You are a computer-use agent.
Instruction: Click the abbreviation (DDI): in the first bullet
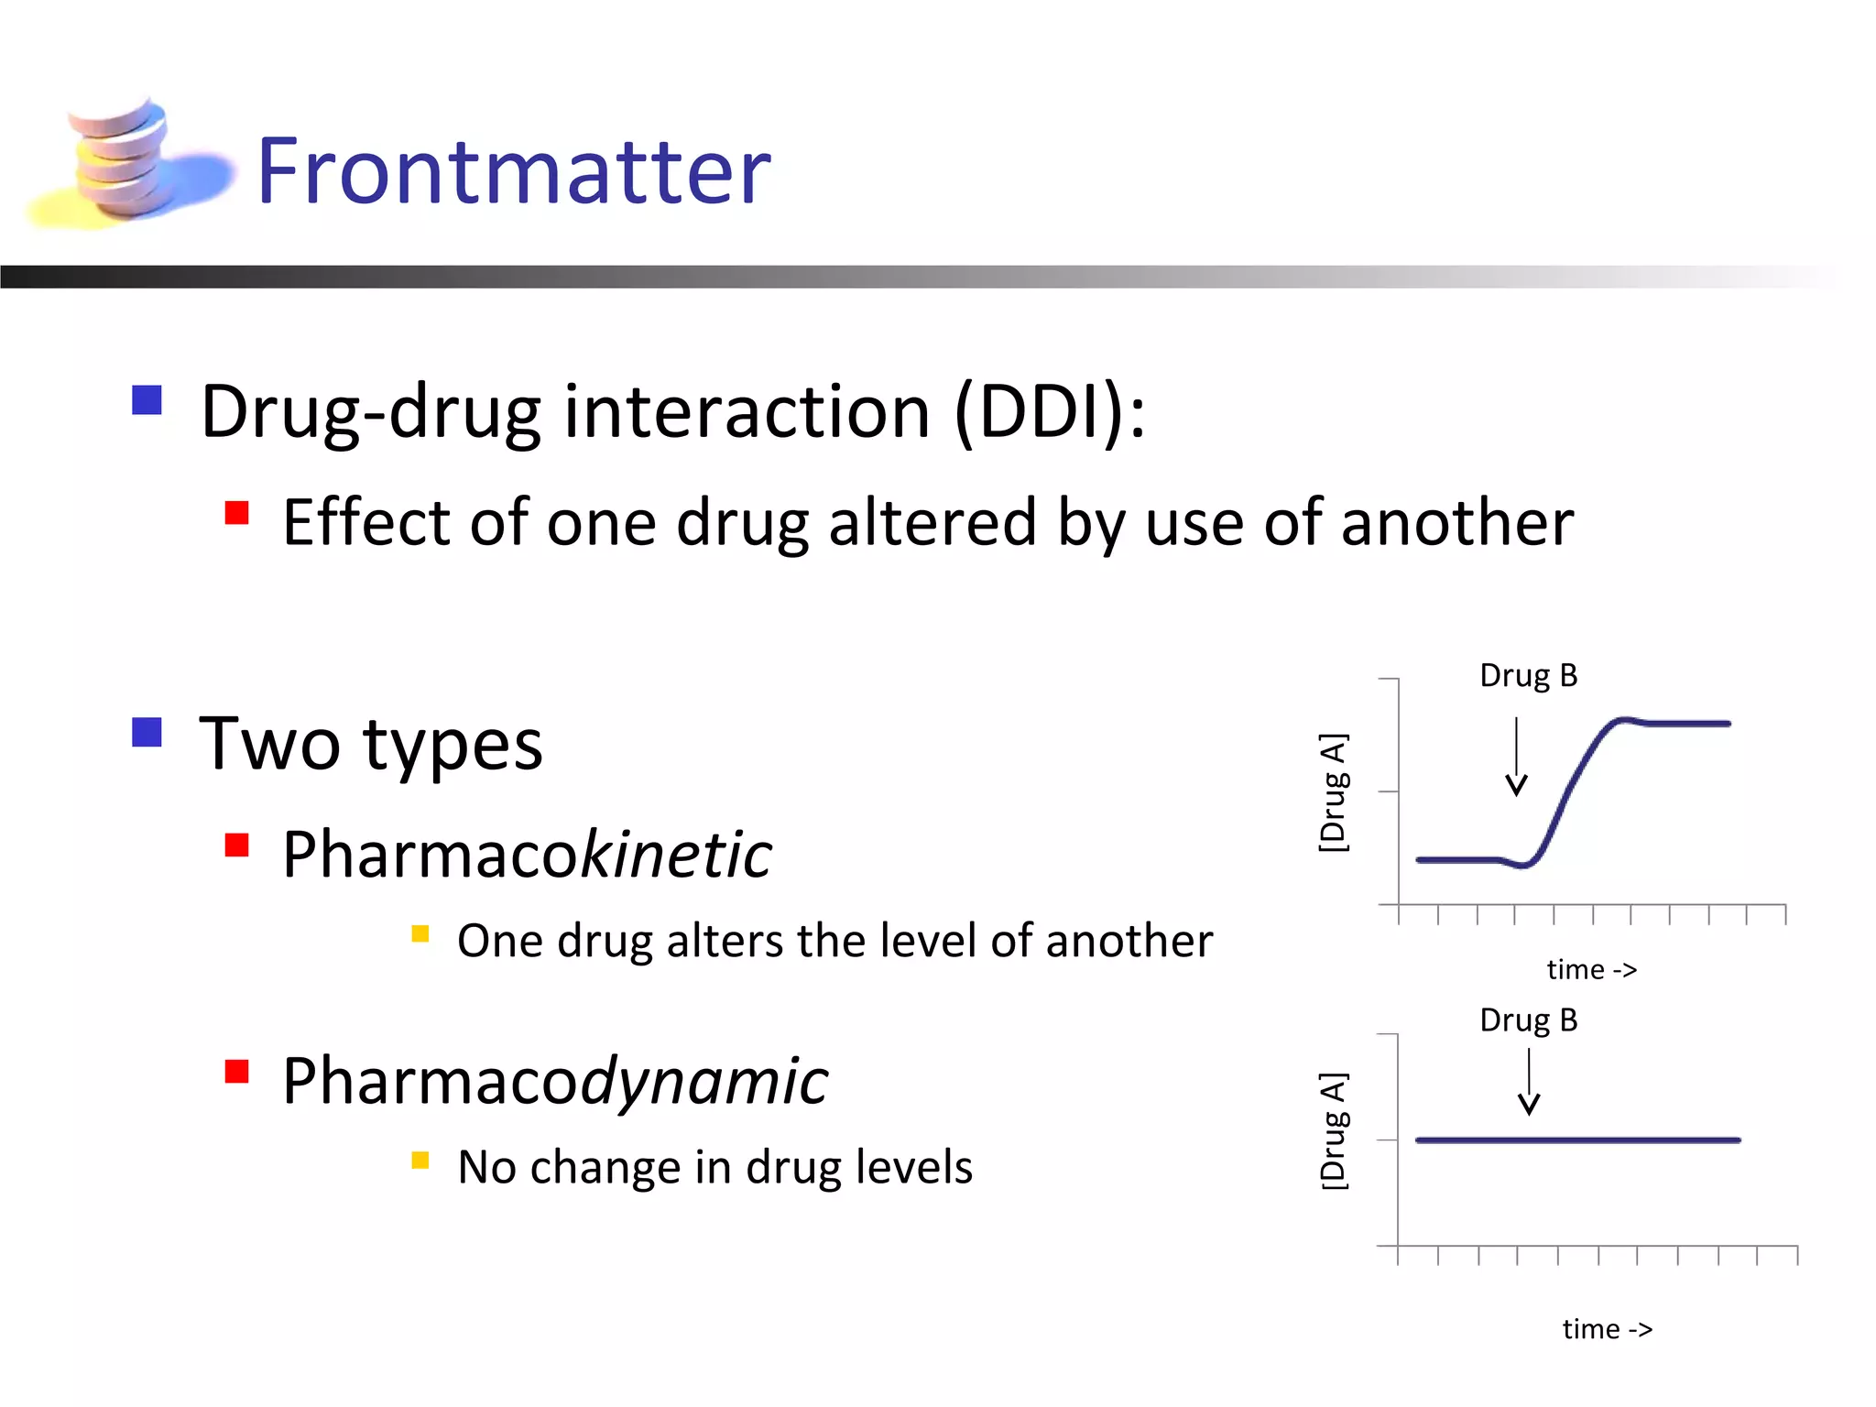coord(1049,412)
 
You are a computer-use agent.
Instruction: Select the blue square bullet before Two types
coord(147,732)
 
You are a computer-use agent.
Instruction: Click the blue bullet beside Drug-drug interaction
coord(147,400)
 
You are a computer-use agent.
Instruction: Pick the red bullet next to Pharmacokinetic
coord(237,844)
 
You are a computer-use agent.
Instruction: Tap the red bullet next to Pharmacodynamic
coord(237,1071)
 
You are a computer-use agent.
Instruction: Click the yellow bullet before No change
coord(420,1161)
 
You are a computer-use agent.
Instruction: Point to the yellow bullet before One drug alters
coord(420,933)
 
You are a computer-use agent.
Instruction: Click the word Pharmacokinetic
coord(527,855)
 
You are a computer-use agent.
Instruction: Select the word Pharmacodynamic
coord(554,1082)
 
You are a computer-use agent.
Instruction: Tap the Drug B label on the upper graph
coord(1528,676)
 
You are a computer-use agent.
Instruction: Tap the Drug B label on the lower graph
coord(1528,1020)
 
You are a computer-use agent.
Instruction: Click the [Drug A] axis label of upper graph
coord(1333,792)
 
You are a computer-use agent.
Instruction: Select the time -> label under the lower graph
coord(1607,1329)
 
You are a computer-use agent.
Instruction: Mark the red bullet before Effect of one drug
coord(237,512)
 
